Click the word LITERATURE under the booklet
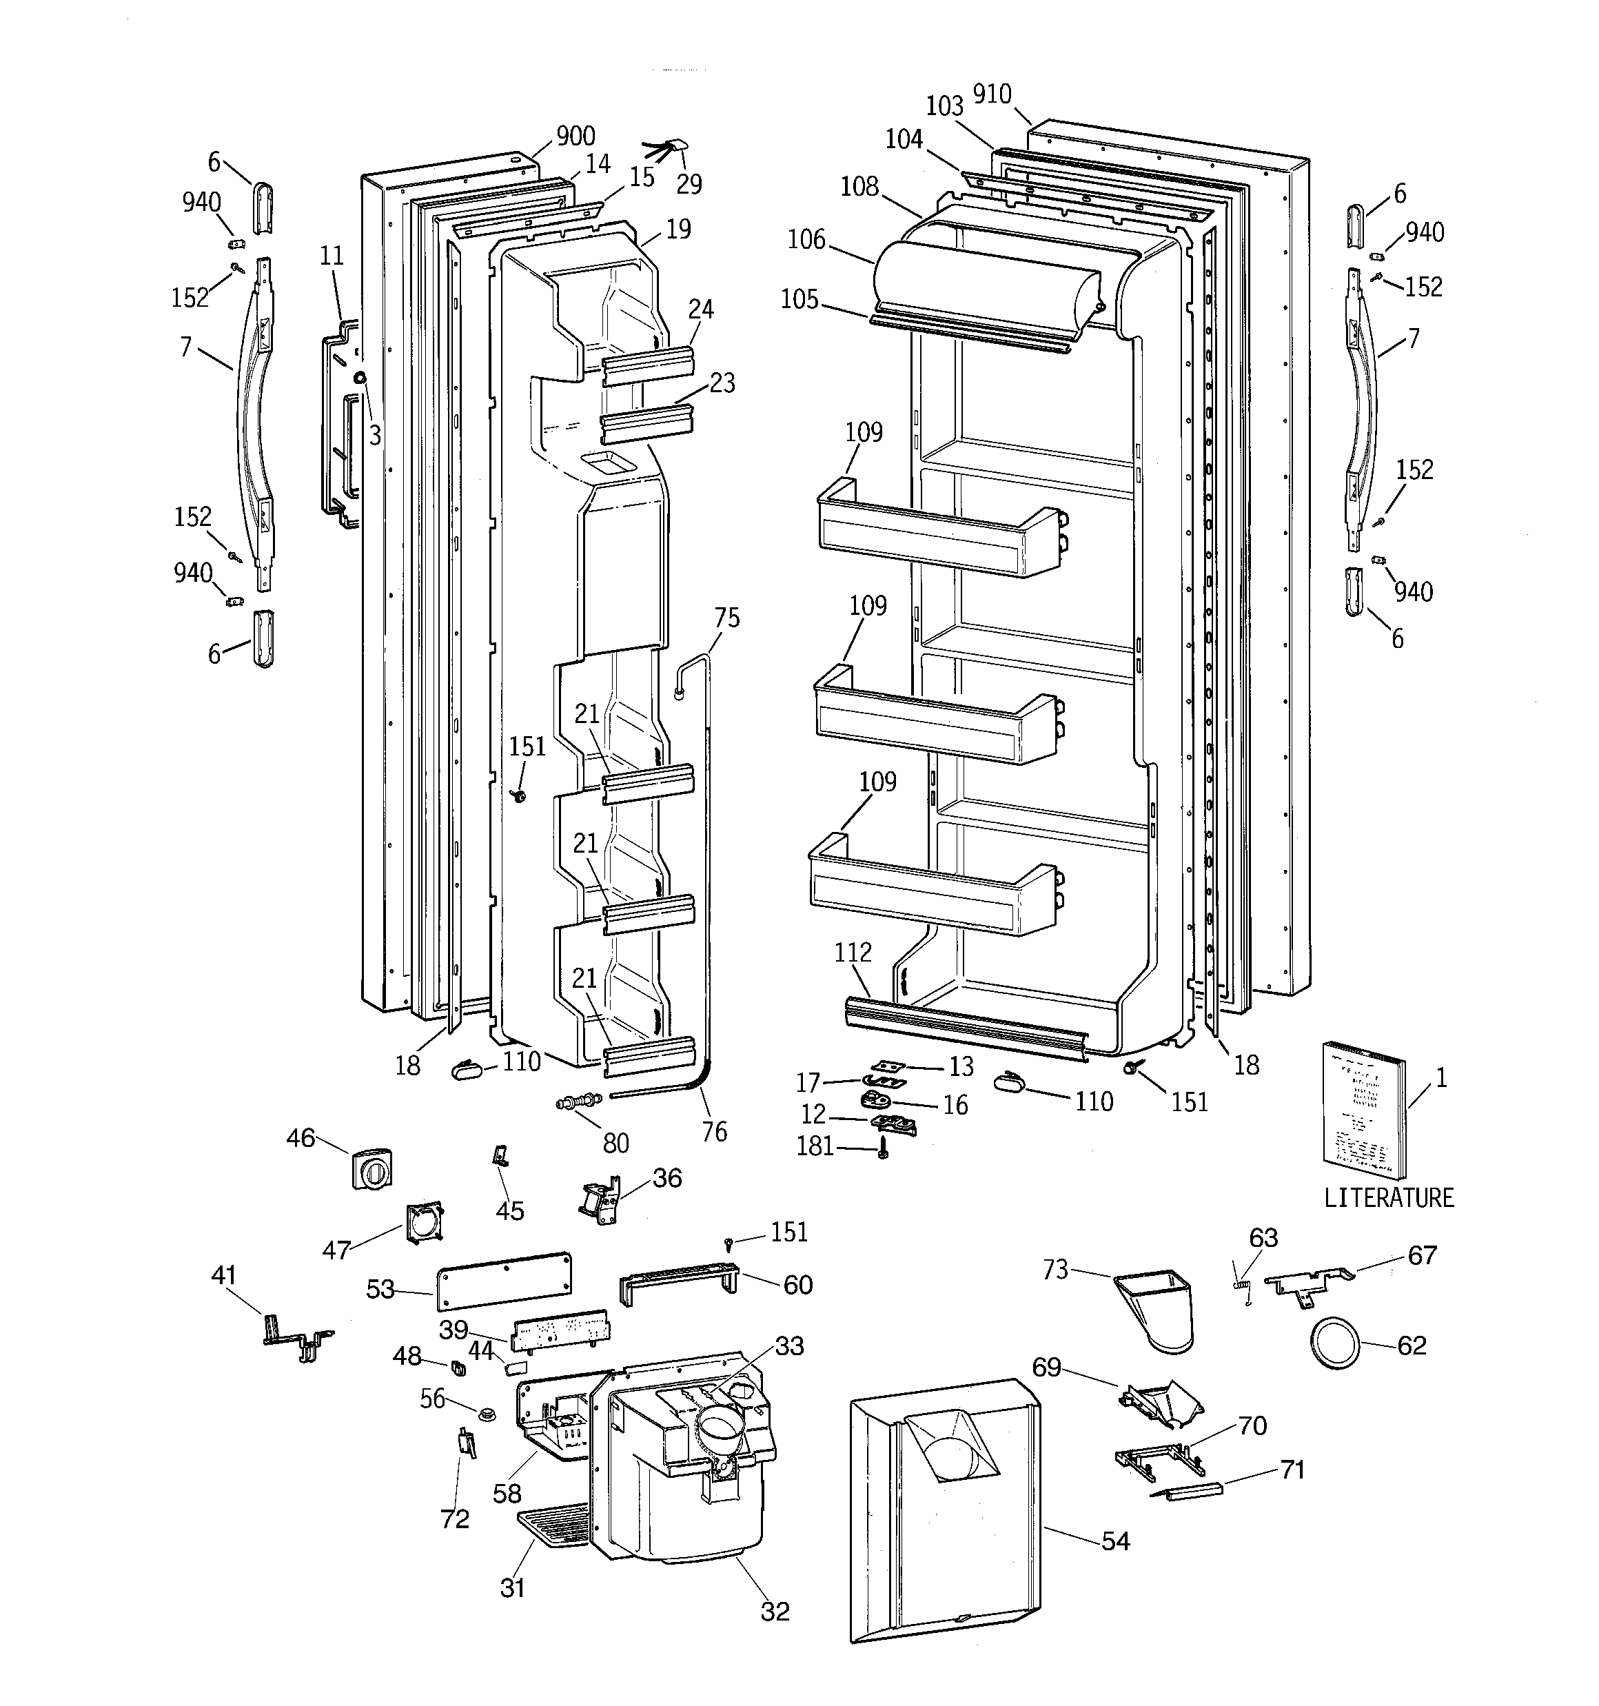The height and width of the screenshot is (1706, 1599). (1389, 1198)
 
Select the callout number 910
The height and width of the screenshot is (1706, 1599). (992, 94)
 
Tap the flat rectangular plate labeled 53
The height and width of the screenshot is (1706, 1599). (505, 1279)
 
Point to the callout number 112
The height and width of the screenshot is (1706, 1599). (853, 953)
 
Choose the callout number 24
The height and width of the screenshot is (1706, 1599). (700, 309)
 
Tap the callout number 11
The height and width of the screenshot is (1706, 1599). (332, 255)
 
